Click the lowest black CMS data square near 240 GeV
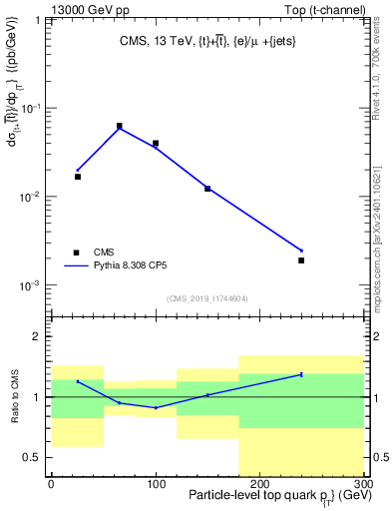301,260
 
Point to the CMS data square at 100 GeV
156,143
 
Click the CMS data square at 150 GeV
207,188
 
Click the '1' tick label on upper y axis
40,19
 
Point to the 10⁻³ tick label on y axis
31,285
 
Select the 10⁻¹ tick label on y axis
31,108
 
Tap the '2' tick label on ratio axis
38,336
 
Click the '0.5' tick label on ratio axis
34,458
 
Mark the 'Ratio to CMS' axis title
13,396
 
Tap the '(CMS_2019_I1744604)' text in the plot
206,298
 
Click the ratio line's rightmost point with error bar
301,374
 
